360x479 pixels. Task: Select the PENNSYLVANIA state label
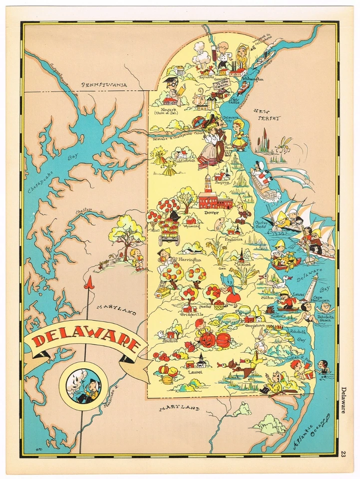(x=105, y=85)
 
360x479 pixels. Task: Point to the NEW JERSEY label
(x=267, y=115)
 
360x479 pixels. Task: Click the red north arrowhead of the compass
(x=89, y=283)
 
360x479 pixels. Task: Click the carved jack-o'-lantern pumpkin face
(x=208, y=340)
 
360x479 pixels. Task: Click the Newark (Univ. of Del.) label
(x=169, y=110)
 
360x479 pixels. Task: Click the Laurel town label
(x=194, y=372)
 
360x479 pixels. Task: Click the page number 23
(x=344, y=453)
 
